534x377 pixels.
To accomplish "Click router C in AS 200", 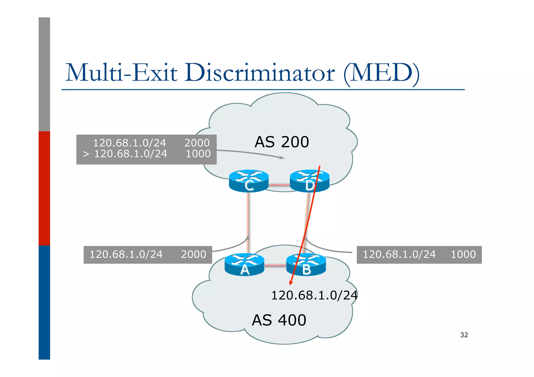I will tap(248, 181).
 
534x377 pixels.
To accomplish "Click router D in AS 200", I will tap(310, 181).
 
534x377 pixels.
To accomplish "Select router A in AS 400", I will tap(244, 265).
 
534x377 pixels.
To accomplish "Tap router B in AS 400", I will tap(306, 265).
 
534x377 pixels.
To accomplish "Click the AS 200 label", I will tap(282, 142).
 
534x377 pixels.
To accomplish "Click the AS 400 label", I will tap(279, 320).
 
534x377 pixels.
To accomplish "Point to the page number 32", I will tap(464, 335).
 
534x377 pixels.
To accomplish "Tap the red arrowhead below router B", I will tap(291, 283).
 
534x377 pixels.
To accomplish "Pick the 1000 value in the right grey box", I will tap(463, 254).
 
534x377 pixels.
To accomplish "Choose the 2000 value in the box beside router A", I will tap(193, 254).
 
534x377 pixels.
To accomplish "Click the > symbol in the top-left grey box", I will tap(86, 154).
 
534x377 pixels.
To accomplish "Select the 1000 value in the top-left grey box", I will tap(198, 154).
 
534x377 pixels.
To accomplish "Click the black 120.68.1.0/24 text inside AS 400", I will tap(314, 295).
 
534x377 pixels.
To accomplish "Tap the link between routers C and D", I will tap(279, 185).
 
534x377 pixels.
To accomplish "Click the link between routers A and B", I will tap(275, 265).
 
